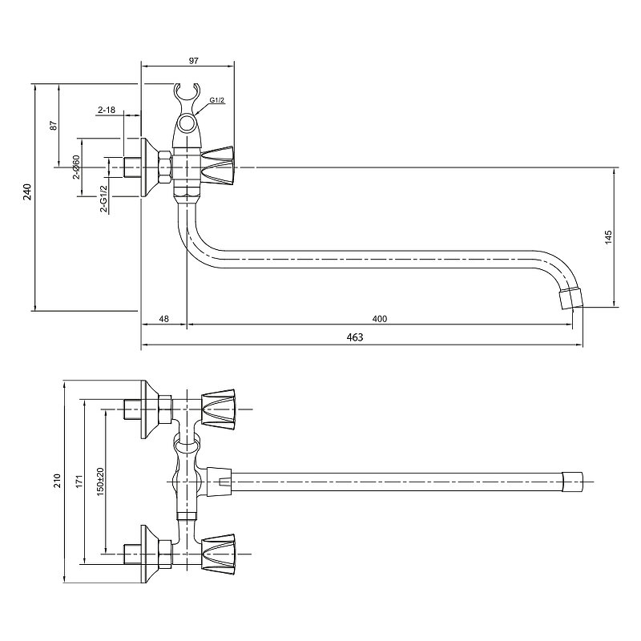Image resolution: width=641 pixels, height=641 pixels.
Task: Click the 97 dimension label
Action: [x=193, y=61]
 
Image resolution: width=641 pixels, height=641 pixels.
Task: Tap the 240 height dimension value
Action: [x=27, y=191]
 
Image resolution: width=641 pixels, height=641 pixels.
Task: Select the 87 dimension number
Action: [x=54, y=125]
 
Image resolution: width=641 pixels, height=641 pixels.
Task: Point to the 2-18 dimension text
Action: [x=107, y=110]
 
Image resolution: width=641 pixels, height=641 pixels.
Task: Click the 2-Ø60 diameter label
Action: [x=76, y=167]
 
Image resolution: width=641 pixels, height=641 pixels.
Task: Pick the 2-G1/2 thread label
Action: [x=104, y=199]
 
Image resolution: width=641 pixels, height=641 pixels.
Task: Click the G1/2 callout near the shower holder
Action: [x=217, y=100]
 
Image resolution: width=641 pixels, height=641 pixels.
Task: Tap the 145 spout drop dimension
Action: [x=609, y=237]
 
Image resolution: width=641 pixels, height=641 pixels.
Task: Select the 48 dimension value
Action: [x=164, y=319]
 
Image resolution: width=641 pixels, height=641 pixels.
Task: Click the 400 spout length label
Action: [x=379, y=319]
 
